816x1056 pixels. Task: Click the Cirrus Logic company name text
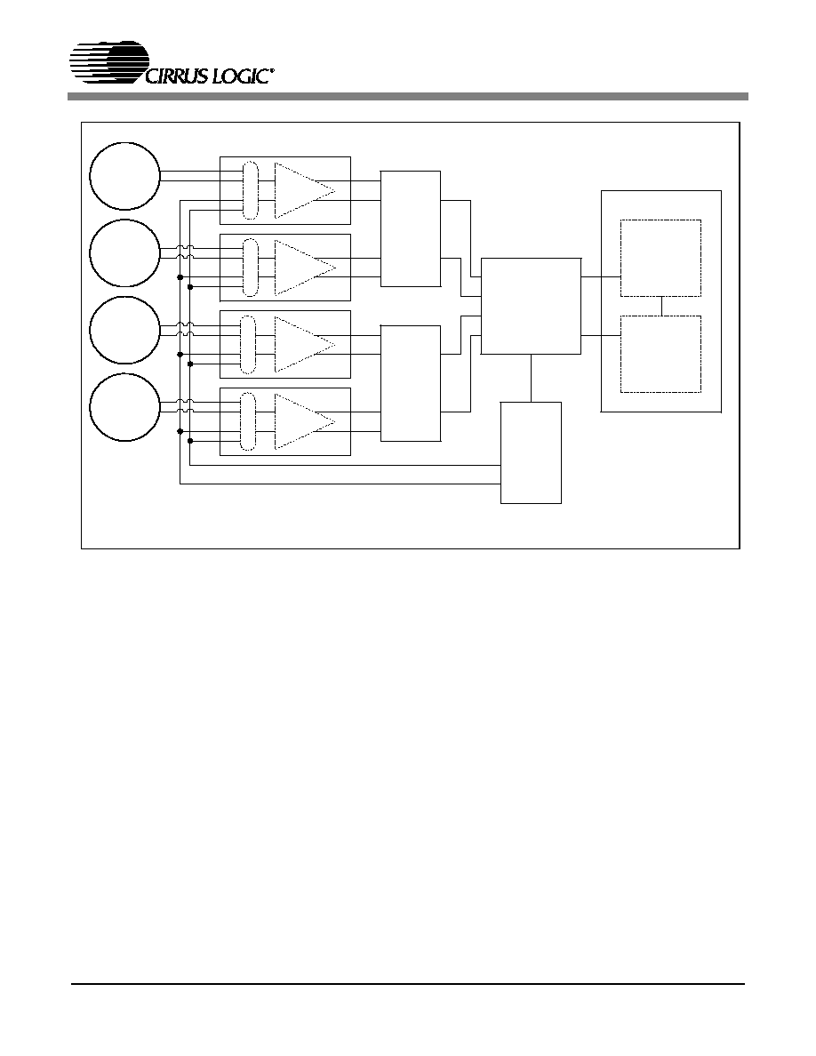(209, 76)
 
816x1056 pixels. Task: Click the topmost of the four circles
(124, 176)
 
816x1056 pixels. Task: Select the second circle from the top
(124, 253)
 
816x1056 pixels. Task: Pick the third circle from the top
(124, 331)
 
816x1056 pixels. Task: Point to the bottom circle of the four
(124, 408)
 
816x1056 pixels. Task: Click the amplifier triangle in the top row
(305, 190)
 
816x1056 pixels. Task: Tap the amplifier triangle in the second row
(305, 268)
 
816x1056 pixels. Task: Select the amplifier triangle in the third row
(305, 345)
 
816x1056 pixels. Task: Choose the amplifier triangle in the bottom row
(305, 422)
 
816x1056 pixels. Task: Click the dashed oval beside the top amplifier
(250, 190)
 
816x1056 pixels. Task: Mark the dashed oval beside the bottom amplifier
(249, 422)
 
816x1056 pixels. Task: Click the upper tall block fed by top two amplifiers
(411, 229)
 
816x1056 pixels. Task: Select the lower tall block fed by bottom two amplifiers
(411, 383)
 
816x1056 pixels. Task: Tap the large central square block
(531, 306)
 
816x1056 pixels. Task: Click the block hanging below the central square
(531, 452)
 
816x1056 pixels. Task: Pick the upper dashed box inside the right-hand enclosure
(660, 258)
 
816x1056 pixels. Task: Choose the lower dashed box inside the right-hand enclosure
(660, 355)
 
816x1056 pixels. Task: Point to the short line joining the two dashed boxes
(662, 307)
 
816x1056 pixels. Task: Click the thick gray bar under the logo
(408, 97)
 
